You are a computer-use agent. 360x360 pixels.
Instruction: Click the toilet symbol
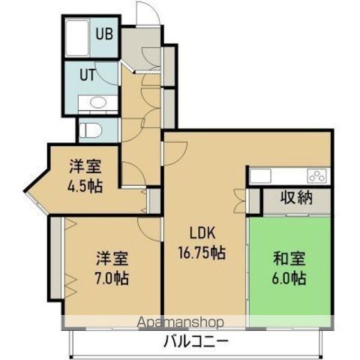coord(91,129)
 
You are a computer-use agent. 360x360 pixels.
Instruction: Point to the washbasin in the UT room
coord(97,103)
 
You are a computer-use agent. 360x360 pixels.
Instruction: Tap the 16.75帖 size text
coord(200,253)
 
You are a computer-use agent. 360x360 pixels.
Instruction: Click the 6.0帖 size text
coord(289,279)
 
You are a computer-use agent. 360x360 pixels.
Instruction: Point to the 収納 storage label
coord(296,199)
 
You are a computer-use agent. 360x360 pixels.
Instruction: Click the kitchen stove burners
coord(316,176)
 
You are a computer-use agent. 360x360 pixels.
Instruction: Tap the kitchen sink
coord(260,175)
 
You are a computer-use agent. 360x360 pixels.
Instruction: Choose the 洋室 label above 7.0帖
coord(111,259)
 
